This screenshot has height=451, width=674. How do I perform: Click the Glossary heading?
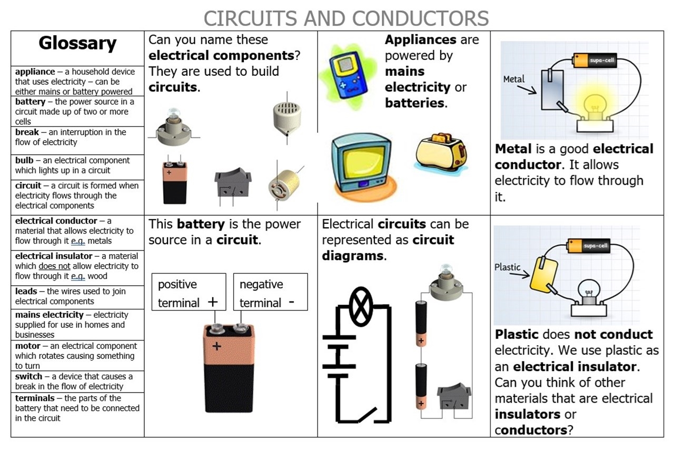pos(77,44)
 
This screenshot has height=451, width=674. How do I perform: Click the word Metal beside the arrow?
pos(513,79)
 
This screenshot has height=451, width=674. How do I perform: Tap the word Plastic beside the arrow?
pos(507,267)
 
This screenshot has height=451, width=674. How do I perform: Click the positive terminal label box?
pos(189,292)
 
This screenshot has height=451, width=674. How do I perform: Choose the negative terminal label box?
pos(271,292)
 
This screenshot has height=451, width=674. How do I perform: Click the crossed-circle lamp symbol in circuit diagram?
pos(361,307)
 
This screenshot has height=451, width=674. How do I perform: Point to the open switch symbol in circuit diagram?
pos(367,415)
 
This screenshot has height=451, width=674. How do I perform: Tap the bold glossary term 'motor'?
pos(27,346)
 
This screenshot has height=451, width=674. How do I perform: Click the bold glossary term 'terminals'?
pos(35,398)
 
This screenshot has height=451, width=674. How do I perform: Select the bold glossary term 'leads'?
pos(26,291)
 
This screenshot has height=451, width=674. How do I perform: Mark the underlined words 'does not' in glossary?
pos(54,266)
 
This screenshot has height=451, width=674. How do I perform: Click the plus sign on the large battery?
pos(216,346)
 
